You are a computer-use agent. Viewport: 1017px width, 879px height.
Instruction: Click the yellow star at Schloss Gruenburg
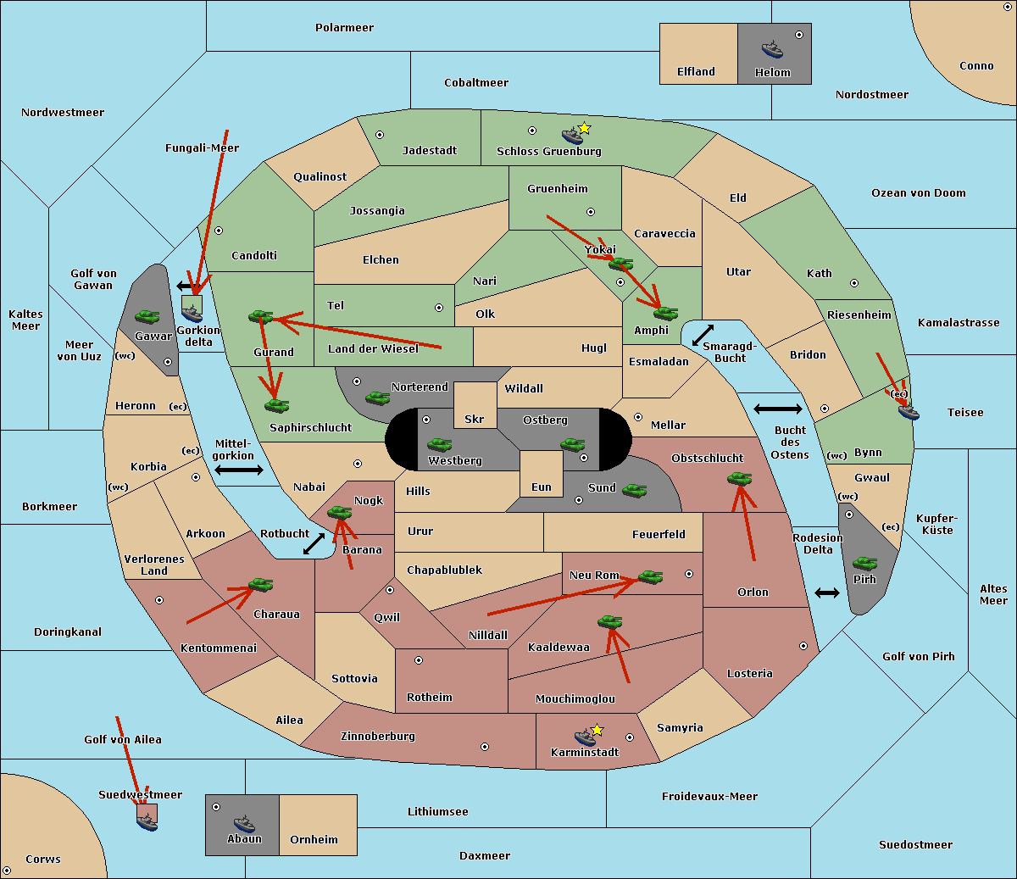click(x=584, y=129)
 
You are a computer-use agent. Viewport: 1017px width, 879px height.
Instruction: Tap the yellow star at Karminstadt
click(x=597, y=730)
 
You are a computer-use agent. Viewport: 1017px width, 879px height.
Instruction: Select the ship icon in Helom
click(x=772, y=49)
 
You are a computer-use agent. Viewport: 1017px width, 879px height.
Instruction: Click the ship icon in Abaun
click(x=244, y=824)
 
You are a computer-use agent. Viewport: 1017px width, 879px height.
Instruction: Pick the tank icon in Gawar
click(x=147, y=316)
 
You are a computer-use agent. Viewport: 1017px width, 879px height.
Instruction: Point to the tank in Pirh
click(x=864, y=563)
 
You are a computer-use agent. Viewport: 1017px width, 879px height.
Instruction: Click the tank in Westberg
click(x=439, y=444)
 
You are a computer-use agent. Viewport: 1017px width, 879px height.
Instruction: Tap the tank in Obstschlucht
click(x=740, y=478)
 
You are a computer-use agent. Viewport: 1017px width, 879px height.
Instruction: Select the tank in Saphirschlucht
click(x=276, y=405)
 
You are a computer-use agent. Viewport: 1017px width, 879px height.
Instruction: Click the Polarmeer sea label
click(x=344, y=28)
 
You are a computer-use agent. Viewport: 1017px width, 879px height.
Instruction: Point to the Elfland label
click(x=696, y=72)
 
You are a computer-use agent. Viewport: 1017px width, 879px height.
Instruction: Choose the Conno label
click(x=976, y=66)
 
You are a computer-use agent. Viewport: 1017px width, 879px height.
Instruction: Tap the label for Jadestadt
click(x=430, y=151)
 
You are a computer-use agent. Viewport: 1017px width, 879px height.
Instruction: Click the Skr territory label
click(x=475, y=419)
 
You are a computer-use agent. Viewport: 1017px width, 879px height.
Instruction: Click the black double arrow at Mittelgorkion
click(x=239, y=470)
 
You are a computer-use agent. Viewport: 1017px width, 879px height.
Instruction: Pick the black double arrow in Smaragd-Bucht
click(x=703, y=335)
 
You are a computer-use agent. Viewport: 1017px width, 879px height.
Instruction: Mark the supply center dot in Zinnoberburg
click(x=485, y=747)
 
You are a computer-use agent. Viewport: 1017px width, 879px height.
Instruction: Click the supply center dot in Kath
click(x=854, y=283)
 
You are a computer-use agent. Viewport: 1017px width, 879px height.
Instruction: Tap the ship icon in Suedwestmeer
click(x=147, y=822)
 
